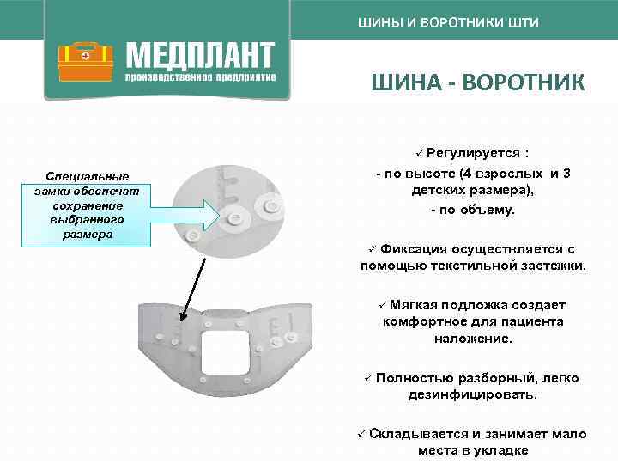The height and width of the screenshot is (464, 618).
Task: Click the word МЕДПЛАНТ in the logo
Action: tap(200, 56)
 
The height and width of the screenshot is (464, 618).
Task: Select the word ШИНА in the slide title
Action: tap(406, 83)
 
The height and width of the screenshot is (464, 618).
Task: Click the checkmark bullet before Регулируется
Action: tap(419, 153)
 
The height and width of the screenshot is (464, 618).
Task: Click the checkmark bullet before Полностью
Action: tap(366, 377)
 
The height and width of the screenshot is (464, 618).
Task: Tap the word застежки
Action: tap(554, 266)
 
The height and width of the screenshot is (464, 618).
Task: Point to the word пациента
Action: tap(536, 321)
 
